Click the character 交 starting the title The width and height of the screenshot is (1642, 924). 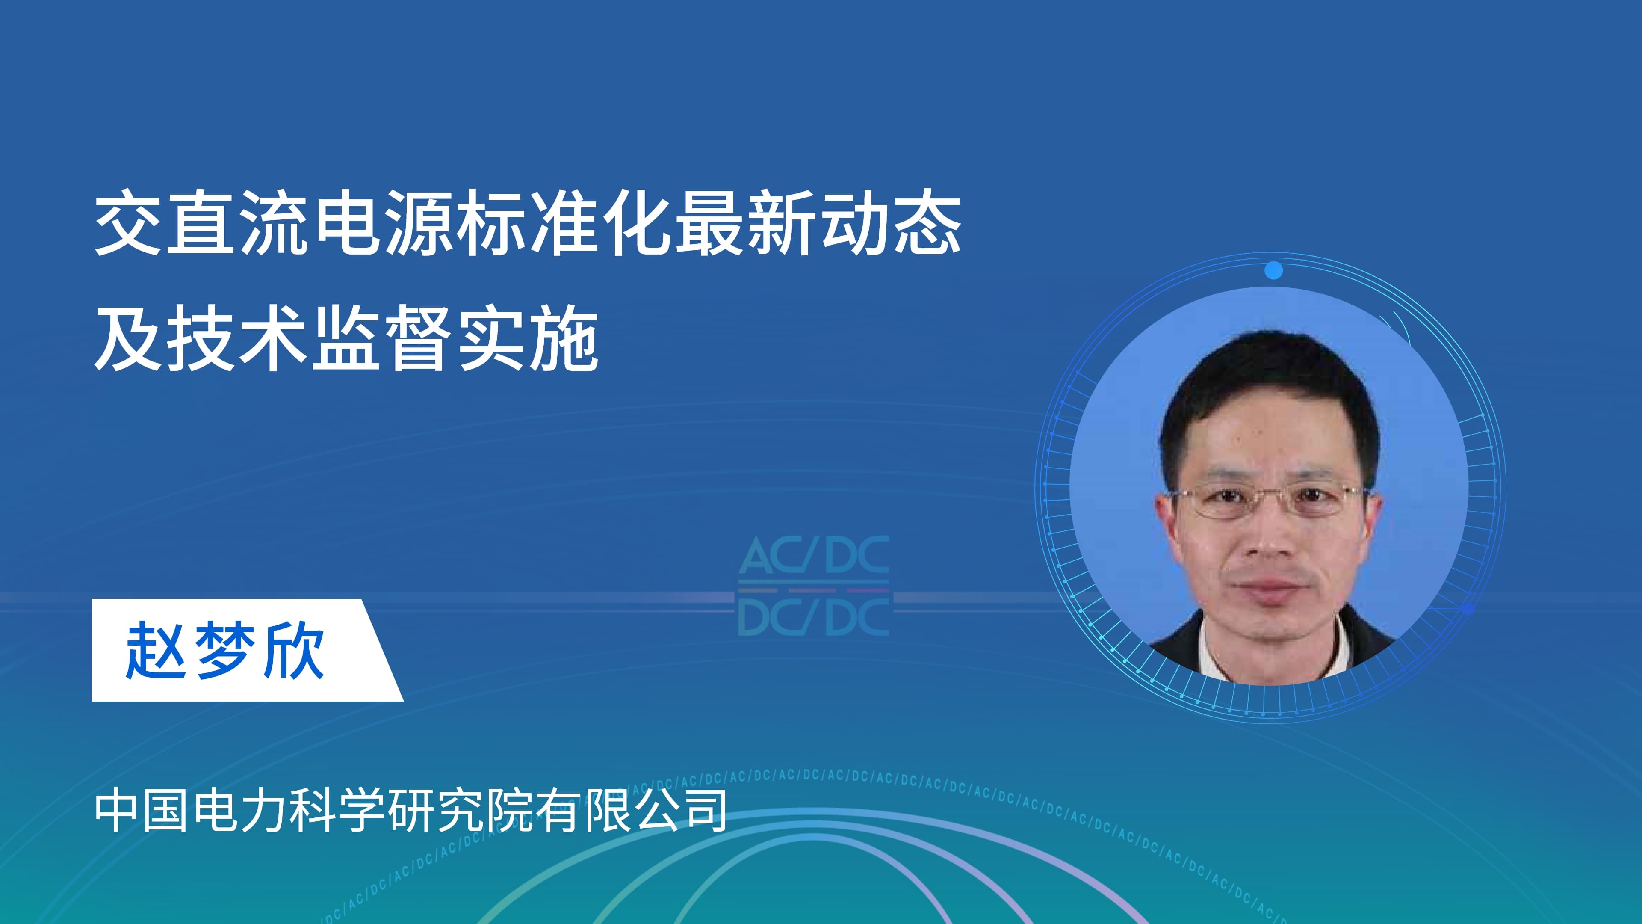[x=127, y=222]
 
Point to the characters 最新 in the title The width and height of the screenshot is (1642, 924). [x=743, y=222]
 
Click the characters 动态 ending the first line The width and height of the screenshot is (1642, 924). [x=890, y=222]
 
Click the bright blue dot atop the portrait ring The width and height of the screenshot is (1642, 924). [x=1273, y=270]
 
